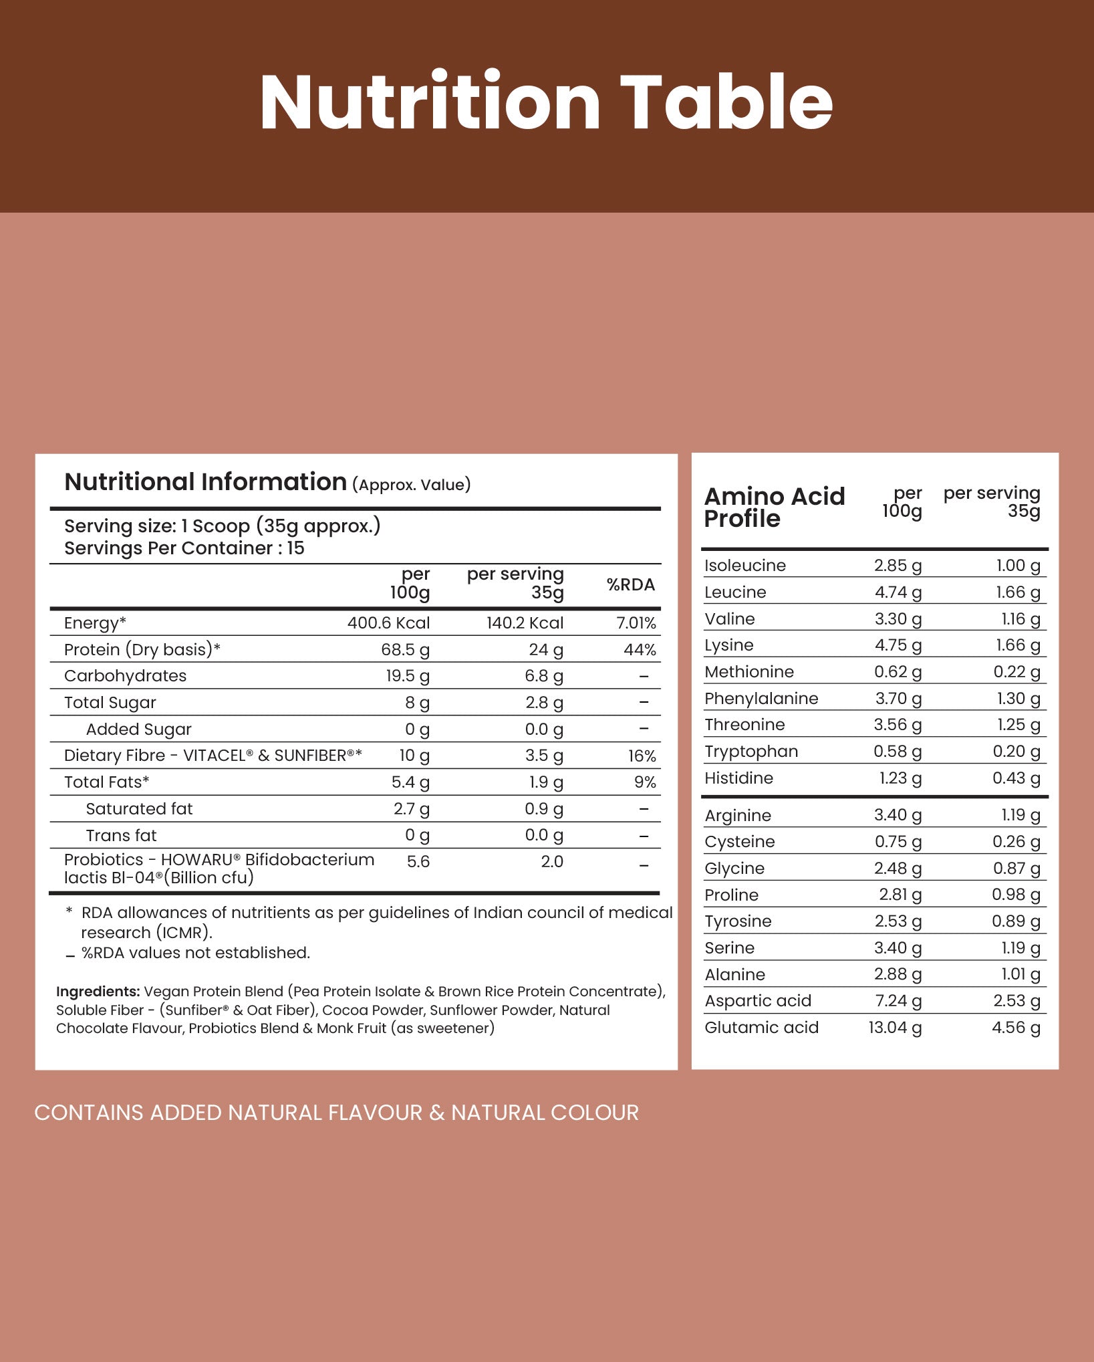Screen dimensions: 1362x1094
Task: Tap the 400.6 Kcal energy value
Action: [x=388, y=623]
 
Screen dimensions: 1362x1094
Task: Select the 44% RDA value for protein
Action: [x=640, y=650]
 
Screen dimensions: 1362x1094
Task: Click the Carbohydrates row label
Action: [x=125, y=676]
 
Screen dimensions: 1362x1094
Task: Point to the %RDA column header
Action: [x=630, y=585]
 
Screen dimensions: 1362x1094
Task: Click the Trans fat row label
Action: [x=121, y=836]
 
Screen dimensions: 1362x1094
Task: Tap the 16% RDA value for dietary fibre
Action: [x=642, y=756]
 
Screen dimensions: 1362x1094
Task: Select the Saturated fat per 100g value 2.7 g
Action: [x=411, y=809]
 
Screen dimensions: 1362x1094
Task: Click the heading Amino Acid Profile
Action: [x=774, y=507]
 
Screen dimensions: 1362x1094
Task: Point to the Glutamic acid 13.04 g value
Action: [x=895, y=1027]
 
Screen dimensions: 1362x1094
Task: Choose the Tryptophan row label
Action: [x=751, y=752]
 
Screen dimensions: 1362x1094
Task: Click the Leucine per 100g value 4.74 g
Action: [x=898, y=592]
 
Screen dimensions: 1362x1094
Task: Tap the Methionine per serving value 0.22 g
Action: [x=1016, y=672]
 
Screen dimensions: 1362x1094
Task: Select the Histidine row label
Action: [x=738, y=778]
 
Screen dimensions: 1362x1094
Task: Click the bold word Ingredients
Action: [x=98, y=992]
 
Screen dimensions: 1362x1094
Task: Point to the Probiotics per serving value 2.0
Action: [x=552, y=862]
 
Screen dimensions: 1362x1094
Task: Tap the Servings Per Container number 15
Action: [x=295, y=548]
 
